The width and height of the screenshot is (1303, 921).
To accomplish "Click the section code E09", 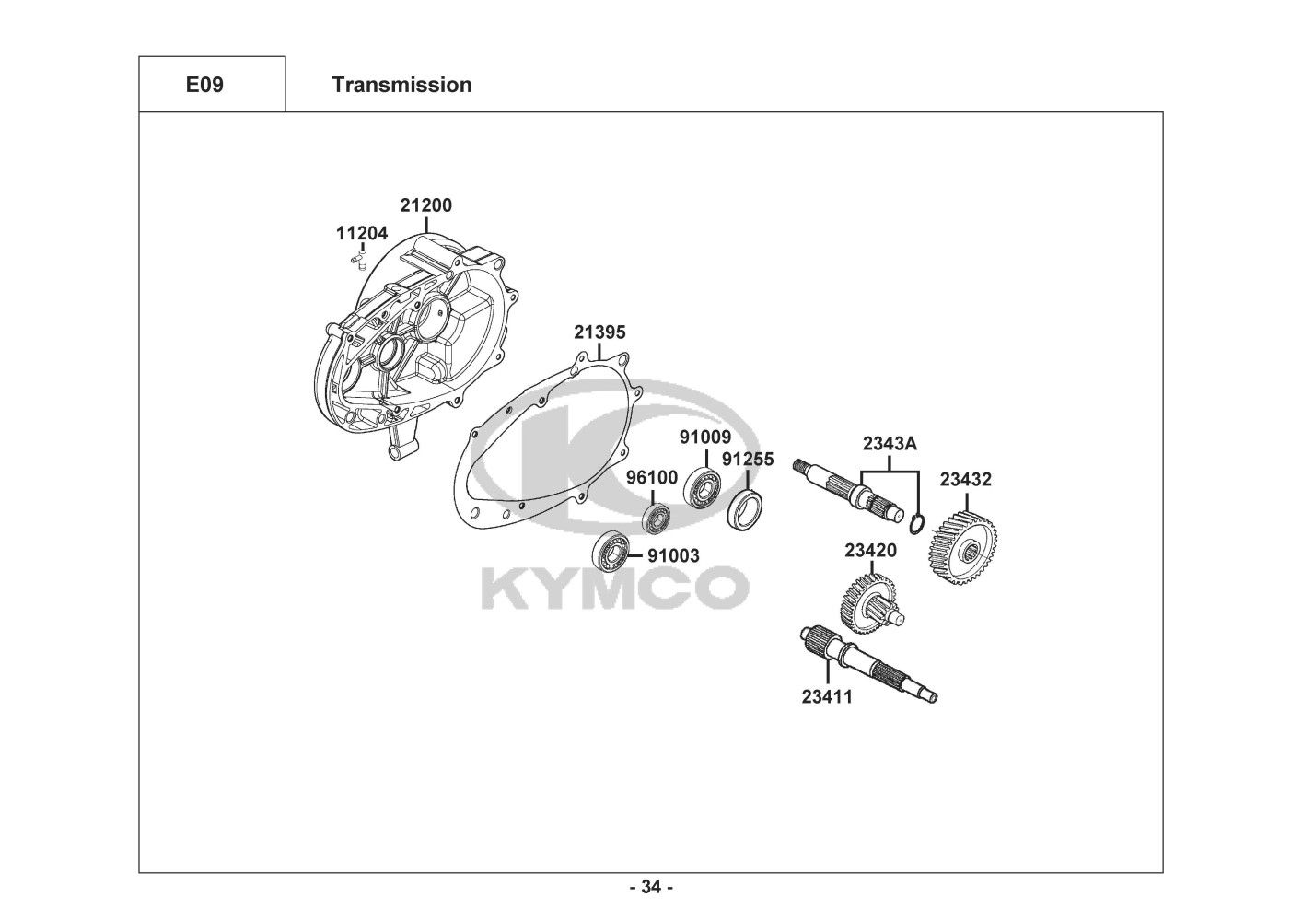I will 204,85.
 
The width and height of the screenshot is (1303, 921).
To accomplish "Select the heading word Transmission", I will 401,85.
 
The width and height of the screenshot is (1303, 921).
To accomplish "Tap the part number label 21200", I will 425,204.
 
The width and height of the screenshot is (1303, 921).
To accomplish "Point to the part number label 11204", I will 362,233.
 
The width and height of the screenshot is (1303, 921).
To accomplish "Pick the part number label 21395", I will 599,332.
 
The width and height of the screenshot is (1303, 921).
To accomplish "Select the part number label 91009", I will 705,437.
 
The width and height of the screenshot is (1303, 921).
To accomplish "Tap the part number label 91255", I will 748,459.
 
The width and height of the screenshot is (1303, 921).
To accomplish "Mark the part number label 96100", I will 652,477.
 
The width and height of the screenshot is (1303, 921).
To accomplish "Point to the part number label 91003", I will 672,555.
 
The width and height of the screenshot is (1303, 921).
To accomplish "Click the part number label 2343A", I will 890,443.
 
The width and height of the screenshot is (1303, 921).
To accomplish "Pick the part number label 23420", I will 870,551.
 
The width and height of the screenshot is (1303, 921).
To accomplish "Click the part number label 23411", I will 827,696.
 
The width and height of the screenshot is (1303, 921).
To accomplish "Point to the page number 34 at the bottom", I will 651,887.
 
